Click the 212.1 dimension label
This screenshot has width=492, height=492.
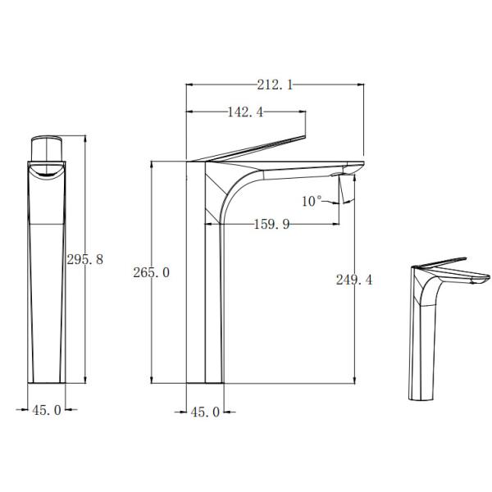coord(276,84)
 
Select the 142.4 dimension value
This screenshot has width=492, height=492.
coord(244,113)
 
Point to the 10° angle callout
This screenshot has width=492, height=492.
coord(312,200)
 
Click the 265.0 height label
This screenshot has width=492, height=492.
coord(151,272)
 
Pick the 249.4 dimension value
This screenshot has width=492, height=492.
coord(353,280)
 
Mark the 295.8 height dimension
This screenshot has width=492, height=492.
coord(84,259)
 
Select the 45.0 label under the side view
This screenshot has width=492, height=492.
coord(204,412)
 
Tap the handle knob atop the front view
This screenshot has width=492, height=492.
coord(48,150)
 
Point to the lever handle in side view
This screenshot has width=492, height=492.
coord(254,148)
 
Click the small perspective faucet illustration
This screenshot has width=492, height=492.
coord(443,328)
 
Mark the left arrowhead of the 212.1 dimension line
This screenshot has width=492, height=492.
coord(190,84)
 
